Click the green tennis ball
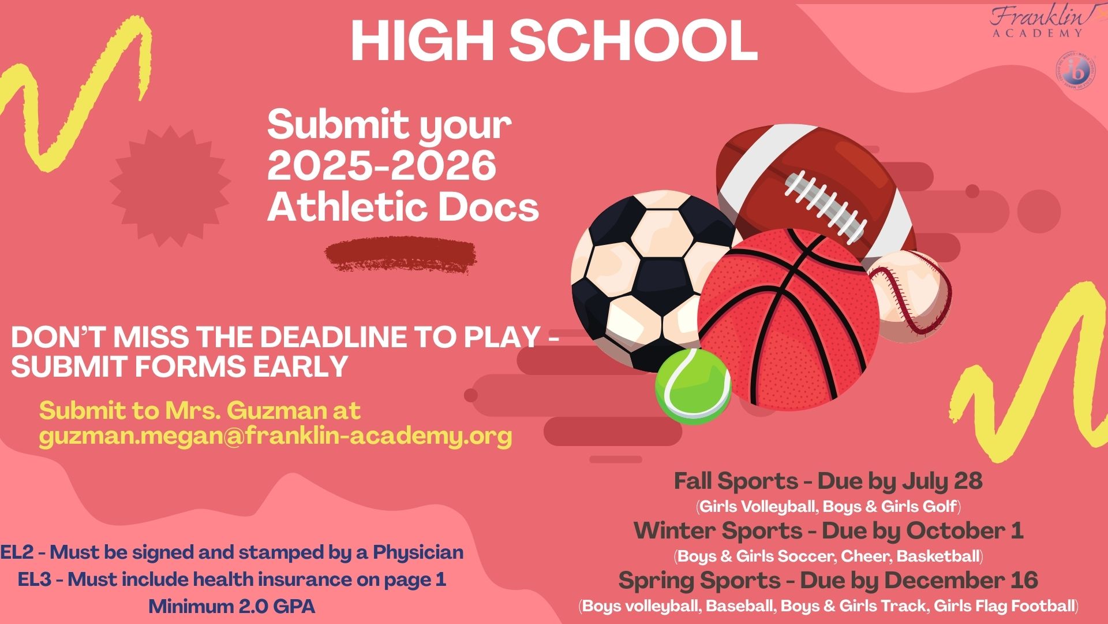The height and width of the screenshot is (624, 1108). pyautogui.click(x=693, y=385)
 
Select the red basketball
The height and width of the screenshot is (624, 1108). pyautogui.click(x=789, y=320)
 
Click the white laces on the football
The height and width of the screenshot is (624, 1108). pyautogui.click(x=825, y=205)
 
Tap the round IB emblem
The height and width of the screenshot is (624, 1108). pyautogui.click(x=1075, y=72)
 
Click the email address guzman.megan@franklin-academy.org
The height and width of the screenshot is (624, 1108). pyautogui.click(x=276, y=436)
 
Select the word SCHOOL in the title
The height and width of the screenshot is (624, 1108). pyautogui.click(x=633, y=40)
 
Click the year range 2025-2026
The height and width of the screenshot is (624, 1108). pyautogui.click(x=381, y=165)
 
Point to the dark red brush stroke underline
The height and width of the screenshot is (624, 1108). pyautogui.click(x=400, y=255)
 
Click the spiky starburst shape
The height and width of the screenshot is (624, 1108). pyautogui.click(x=170, y=185)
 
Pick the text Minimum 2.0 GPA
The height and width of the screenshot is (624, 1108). pyautogui.click(x=232, y=607)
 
